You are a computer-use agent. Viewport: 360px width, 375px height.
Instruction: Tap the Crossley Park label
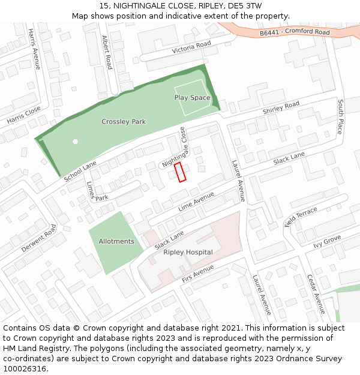[x=124, y=122]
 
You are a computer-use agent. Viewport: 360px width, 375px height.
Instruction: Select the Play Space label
[x=192, y=97]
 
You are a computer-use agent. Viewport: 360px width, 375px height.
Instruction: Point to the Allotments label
[x=116, y=241]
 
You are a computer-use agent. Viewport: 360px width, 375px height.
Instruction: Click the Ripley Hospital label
[x=188, y=252]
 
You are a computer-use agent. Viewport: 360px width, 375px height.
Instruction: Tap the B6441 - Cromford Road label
[x=295, y=32]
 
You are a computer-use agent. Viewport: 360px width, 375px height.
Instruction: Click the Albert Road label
[x=107, y=52]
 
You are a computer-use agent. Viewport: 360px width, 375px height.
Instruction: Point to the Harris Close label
[x=24, y=115]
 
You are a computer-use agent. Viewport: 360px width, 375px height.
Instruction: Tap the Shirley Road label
[x=281, y=107]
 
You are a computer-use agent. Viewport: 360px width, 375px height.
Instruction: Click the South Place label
[x=340, y=116]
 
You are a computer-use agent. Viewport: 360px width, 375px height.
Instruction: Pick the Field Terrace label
[x=301, y=217]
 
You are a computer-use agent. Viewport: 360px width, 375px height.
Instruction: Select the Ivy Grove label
[x=327, y=242]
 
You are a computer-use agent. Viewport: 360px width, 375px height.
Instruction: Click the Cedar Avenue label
[x=316, y=294]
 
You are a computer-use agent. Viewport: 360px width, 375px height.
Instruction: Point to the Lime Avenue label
[x=196, y=202]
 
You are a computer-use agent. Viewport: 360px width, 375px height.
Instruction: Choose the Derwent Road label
[x=38, y=238]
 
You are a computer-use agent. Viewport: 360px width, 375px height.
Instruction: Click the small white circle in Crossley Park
[x=75, y=142]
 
